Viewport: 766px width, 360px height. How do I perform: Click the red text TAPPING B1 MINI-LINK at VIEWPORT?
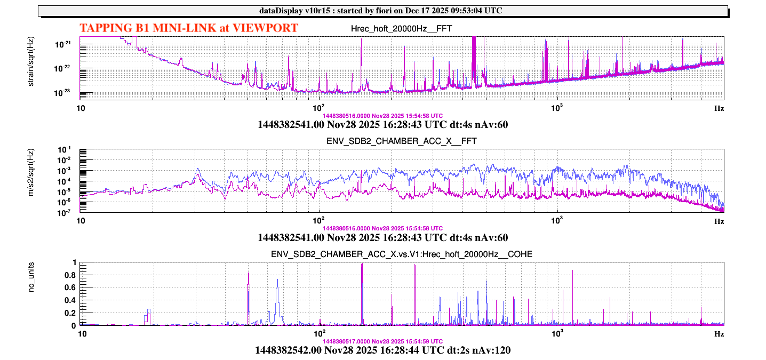pos(188,28)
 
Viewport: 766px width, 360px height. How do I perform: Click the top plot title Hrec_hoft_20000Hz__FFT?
pos(402,28)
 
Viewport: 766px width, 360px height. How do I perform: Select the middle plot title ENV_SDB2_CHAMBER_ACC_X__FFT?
pos(401,141)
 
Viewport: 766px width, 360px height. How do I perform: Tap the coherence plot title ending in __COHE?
pos(401,254)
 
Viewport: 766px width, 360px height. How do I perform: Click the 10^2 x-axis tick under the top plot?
pos(319,107)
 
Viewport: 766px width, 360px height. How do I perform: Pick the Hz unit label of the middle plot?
pos(719,221)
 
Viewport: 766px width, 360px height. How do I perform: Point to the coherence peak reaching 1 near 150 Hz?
pos(362,264)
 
